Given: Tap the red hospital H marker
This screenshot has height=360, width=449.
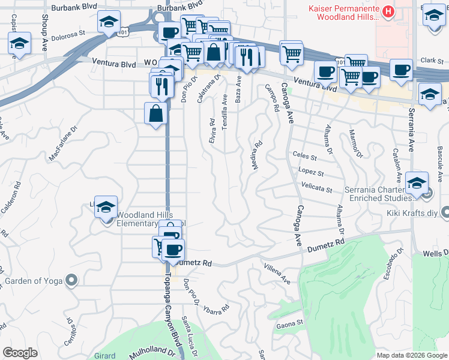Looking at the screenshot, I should coord(388,11).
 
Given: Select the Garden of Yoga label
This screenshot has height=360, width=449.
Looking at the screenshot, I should coord(35,280).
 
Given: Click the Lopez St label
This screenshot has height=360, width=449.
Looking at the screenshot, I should coord(312,173).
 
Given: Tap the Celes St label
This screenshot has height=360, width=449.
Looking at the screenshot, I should coord(304,157).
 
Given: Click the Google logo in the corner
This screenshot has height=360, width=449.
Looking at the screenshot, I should coord(20,353).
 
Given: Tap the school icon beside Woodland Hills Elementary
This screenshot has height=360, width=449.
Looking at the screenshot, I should coord(106,208).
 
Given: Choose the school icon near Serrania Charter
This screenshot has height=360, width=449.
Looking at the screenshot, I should coord(417,183).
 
